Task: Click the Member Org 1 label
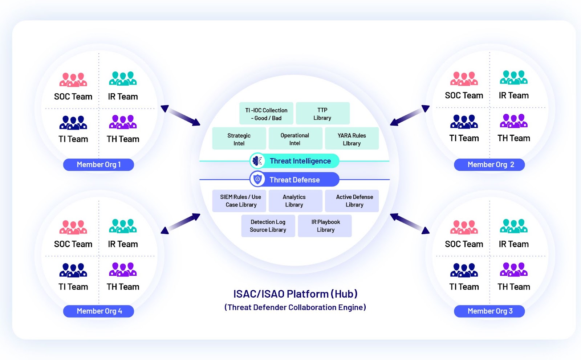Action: pos(98,165)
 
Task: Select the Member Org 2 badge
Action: pos(489,165)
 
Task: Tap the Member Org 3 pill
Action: pos(489,311)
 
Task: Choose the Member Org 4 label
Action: pos(98,311)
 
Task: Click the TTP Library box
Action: pos(322,114)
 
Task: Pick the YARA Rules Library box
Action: pos(352,139)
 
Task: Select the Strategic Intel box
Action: pos(239,139)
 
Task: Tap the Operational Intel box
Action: pos(295,139)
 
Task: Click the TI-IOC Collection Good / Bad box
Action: pos(266,114)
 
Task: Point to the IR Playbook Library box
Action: pos(325,226)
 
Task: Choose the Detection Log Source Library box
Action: pos(268,226)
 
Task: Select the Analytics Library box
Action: pos(294,201)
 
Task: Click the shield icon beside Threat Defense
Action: pos(257,179)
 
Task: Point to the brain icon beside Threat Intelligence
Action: pos(257,161)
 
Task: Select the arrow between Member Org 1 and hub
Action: pos(180,116)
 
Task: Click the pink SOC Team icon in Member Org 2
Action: pos(464,79)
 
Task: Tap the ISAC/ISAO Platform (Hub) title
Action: pos(295,294)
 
